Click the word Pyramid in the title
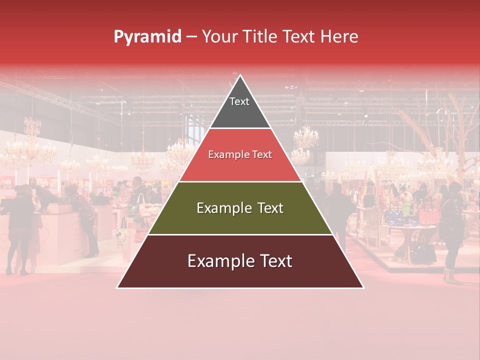[147, 37]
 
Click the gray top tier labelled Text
[239, 107]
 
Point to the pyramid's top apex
[240, 75]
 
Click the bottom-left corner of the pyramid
[117, 287]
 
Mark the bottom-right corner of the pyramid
[363, 287]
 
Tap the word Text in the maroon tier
[272, 261]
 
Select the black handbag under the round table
[423, 250]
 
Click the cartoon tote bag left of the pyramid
[121, 235]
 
